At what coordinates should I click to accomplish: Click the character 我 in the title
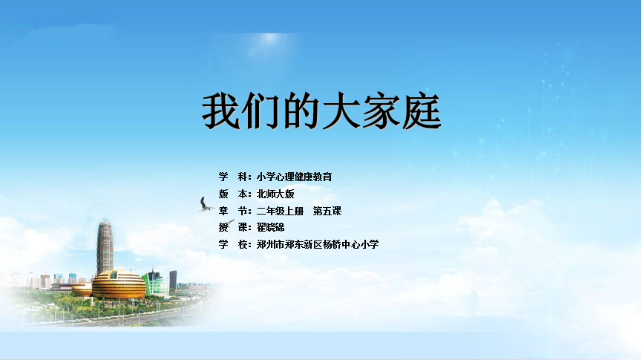pyautogui.click(x=221, y=111)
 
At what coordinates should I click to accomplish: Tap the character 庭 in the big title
pyautogui.click(x=422, y=111)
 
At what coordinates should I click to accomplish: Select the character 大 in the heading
pyautogui.click(x=341, y=111)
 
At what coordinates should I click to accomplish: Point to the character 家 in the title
pyautogui.click(x=381, y=111)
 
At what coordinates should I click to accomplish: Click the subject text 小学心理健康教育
pyautogui.click(x=295, y=177)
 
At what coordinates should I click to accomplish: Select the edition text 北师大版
pyautogui.click(x=275, y=194)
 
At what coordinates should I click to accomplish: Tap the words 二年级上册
pyautogui.click(x=280, y=212)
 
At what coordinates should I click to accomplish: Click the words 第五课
pyautogui.click(x=327, y=212)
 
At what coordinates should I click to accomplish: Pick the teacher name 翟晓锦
pyautogui.click(x=271, y=227)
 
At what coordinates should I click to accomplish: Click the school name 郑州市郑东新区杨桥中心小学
pyautogui.click(x=318, y=244)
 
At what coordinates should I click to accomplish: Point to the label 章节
pyautogui.click(x=235, y=212)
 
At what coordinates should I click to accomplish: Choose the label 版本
pyautogui.click(x=235, y=194)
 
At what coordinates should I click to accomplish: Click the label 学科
pyautogui.click(x=235, y=177)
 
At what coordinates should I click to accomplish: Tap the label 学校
pyautogui.click(x=235, y=244)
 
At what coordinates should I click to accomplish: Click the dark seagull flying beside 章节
pyautogui.click(x=206, y=204)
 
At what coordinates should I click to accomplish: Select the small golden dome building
pyautogui.click(x=82, y=289)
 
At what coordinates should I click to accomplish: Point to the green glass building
pyautogui.click(x=157, y=283)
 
